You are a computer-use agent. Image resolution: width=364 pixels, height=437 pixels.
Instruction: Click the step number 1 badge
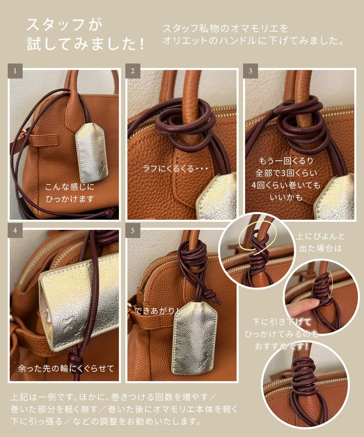tap(15, 71)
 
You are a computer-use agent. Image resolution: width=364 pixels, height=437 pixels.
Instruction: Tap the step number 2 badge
tap(132, 71)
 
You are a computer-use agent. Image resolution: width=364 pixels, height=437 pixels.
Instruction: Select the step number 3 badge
tap(250, 71)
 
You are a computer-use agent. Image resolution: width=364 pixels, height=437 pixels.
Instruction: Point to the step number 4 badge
tap(15, 230)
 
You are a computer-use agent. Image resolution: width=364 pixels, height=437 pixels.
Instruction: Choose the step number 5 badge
tap(132, 230)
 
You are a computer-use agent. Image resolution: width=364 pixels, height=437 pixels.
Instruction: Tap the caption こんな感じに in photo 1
tap(69, 187)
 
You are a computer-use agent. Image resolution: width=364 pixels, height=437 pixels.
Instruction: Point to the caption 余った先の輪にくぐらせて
tap(66, 368)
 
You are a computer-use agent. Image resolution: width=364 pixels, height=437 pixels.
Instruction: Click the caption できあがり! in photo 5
tap(158, 311)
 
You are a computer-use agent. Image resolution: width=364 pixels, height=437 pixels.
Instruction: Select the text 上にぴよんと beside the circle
tap(321, 236)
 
